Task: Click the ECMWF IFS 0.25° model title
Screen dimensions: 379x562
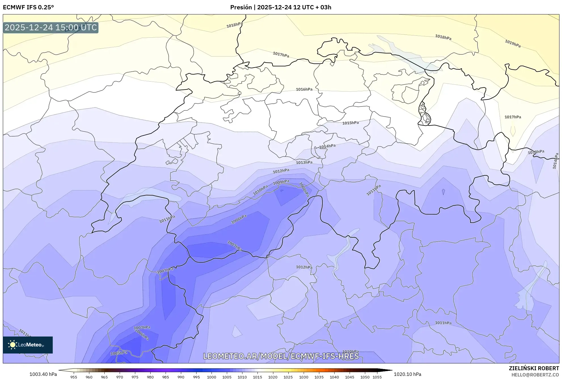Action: pyautogui.click(x=28, y=7)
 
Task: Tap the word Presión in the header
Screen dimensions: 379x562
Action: pyautogui.click(x=241, y=7)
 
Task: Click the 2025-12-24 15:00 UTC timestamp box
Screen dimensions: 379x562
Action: pyautogui.click(x=51, y=27)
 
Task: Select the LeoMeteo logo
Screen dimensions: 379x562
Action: pyautogui.click(x=28, y=345)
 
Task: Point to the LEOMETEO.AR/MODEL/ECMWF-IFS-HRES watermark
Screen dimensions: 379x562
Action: pyautogui.click(x=281, y=356)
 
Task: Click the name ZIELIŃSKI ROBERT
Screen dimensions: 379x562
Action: pyautogui.click(x=534, y=368)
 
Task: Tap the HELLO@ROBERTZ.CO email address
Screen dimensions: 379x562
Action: pyautogui.click(x=535, y=375)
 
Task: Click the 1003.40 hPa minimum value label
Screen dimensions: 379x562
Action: pyautogui.click(x=43, y=374)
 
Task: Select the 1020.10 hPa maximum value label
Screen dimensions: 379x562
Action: pyautogui.click(x=407, y=374)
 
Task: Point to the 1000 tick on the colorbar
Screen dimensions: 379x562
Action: pyautogui.click(x=212, y=377)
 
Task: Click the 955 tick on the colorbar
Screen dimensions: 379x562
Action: pyautogui.click(x=74, y=377)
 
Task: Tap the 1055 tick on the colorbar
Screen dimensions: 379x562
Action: pyautogui.click(x=377, y=377)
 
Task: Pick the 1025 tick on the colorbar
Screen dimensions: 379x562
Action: pyautogui.click(x=288, y=377)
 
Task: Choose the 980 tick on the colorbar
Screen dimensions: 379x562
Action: pyautogui.click(x=150, y=377)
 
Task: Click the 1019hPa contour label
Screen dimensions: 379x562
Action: pyautogui.click(x=513, y=43)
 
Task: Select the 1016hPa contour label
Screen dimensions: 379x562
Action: pyautogui.click(x=304, y=89)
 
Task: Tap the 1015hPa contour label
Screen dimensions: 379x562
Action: pyautogui.click(x=350, y=123)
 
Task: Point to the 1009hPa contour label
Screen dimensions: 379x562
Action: pyautogui.click(x=281, y=182)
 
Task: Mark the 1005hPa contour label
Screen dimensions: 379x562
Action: pyautogui.click(x=119, y=353)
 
